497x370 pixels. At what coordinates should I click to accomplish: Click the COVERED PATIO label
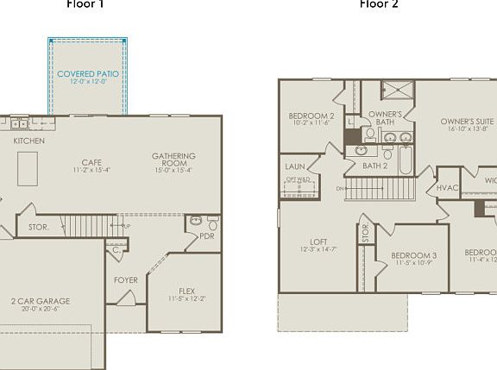coord(87,74)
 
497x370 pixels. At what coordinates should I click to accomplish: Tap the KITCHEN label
coord(29,141)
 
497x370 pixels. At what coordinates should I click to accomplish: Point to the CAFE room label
coord(91,162)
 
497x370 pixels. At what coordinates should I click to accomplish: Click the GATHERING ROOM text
coord(174,160)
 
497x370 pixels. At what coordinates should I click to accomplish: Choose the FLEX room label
coord(186,291)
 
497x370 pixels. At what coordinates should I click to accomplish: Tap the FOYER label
coord(126,280)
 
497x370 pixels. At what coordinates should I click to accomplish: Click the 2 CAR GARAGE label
coord(41,301)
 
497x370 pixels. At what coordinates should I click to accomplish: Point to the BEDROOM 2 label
coord(311,116)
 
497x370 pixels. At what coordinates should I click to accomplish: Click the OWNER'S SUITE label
coord(467,122)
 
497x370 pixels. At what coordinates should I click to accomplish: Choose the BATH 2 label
coord(374,166)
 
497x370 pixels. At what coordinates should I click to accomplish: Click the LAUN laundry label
coord(295,167)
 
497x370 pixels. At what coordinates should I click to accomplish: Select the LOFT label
coord(319,241)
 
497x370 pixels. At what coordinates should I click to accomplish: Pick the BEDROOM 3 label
coord(413,255)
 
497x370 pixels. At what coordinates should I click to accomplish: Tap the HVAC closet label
coord(447,187)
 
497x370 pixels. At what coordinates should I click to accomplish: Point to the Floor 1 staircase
coord(90,227)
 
